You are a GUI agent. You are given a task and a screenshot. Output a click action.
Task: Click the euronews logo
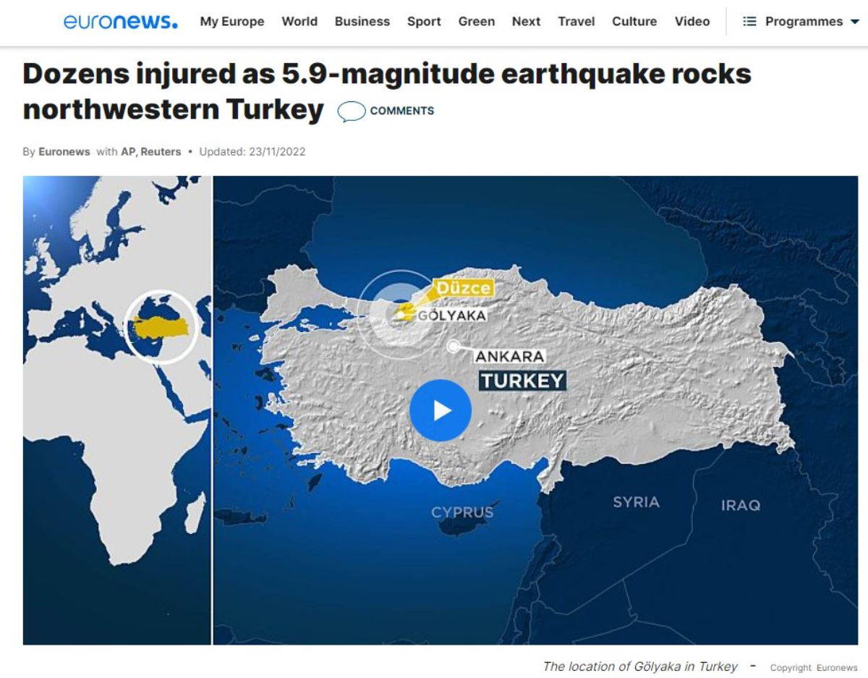tap(120, 22)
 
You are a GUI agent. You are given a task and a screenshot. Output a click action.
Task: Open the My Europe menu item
tap(232, 22)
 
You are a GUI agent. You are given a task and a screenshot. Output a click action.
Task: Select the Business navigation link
tap(362, 22)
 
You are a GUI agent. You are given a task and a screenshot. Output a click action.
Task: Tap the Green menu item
tap(477, 22)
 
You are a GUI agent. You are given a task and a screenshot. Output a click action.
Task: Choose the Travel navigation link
tap(576, 22)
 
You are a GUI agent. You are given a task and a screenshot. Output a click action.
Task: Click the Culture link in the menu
tap(634, 22)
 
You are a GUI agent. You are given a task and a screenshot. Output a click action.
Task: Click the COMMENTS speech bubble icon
tap(352, 111)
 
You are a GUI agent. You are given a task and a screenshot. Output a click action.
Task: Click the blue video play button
tap(441, 410)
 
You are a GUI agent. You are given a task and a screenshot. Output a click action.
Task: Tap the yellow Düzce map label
tap(464, 288)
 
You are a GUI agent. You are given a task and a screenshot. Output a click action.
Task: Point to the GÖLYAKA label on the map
tap(452, 315)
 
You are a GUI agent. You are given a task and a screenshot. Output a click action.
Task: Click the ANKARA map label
tap(509, 357)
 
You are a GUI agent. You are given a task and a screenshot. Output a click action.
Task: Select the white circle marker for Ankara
tap(454, 347)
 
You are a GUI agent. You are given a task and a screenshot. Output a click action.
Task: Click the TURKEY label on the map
tap(522, 381)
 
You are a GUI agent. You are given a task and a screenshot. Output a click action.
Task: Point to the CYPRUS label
tap(462, 512)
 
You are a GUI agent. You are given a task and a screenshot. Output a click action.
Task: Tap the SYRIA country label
tap(636, 501)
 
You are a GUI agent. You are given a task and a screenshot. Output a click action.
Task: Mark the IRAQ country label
tap(740, 505)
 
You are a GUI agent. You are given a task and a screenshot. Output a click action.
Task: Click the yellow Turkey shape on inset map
tap(161, 327)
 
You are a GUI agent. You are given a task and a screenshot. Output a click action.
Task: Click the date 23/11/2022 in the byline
tap(277, 151)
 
